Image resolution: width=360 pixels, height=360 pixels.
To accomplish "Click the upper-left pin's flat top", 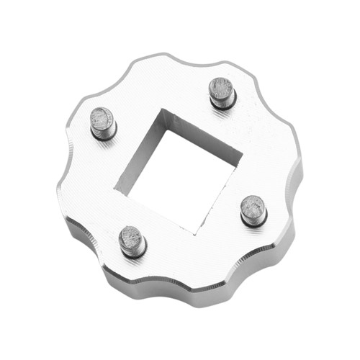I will point(102,118).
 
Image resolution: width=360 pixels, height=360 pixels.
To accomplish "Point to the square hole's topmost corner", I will point(164,109).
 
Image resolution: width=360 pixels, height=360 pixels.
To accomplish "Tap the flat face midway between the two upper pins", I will point(162,90).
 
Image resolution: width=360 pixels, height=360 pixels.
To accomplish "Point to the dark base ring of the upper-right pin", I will point(224,104).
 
